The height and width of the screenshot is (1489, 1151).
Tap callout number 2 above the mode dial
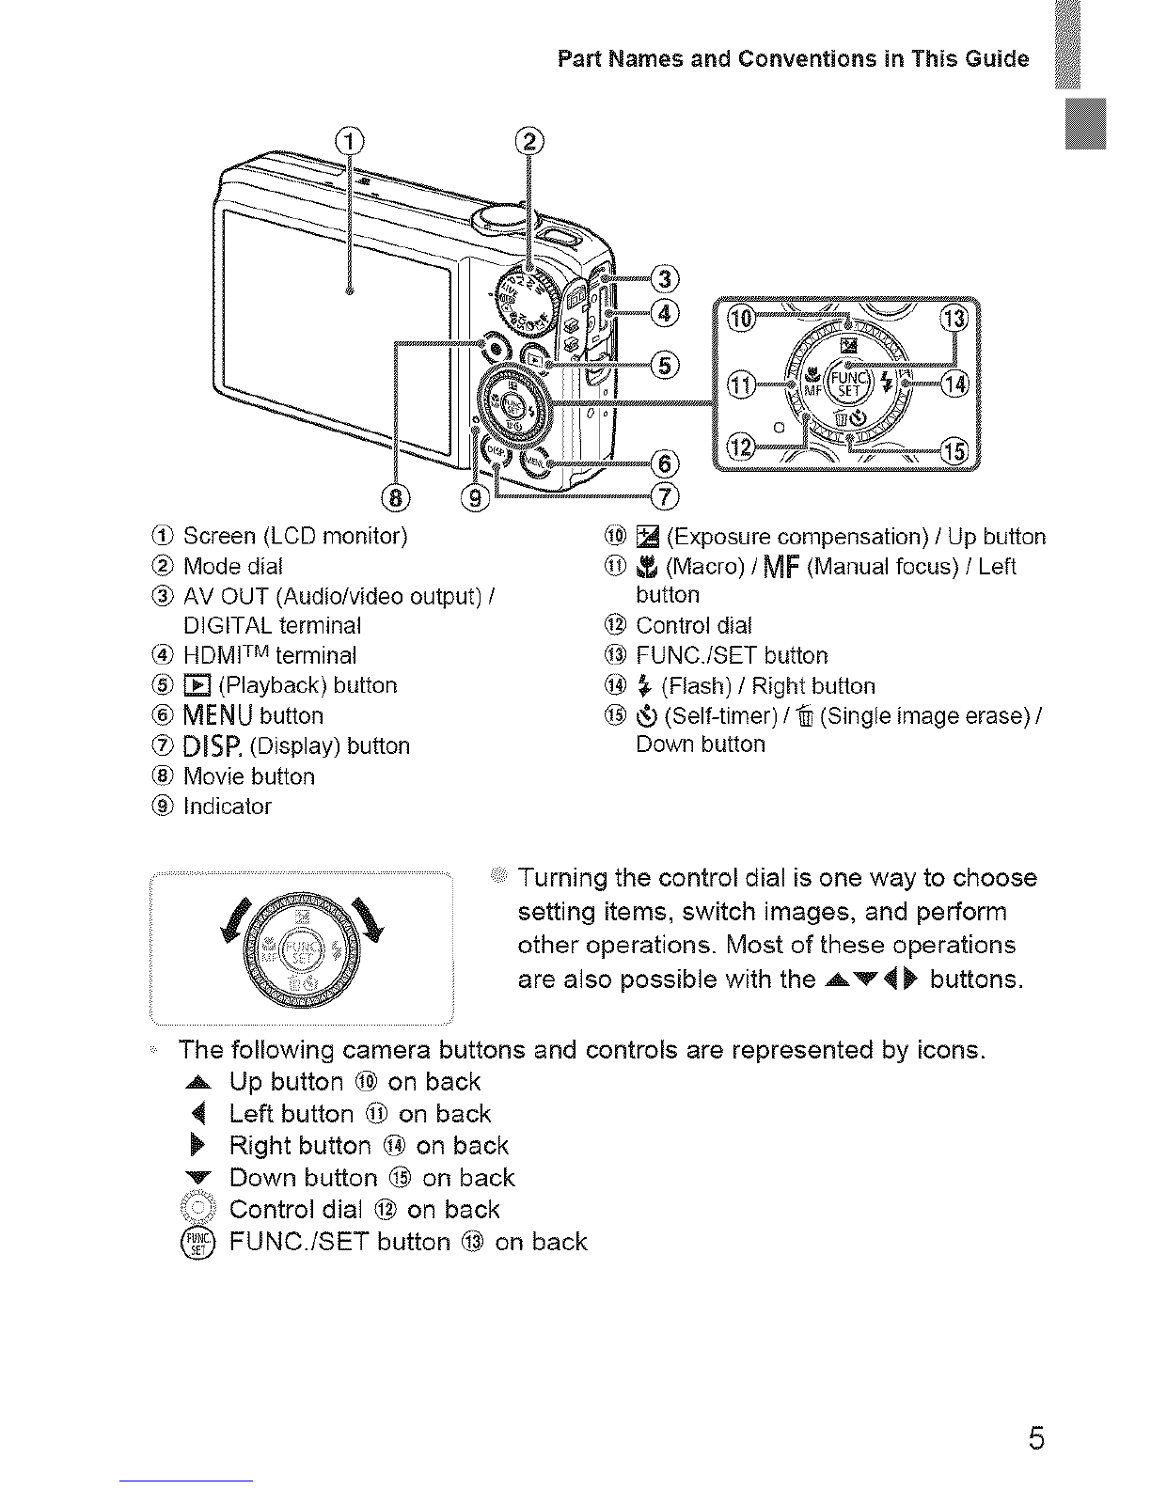pyautogui.click(x=529, y=142)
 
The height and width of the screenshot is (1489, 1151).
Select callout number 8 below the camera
pyautogui.click(x=396, y=497)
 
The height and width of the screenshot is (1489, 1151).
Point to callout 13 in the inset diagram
pyautogui.click(x=954, y=319)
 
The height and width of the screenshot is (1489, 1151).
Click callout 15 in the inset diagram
pyautogui.click(x=954, y=451)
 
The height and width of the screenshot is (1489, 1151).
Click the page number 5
pyautogui.click(x=1036, y=1437)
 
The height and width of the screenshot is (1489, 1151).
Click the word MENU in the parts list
pyautogui.click(x=218, y=715)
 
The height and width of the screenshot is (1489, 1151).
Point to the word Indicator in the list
pyautogui.click(x=228, y=806)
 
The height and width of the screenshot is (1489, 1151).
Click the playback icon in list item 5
pyautogui.click(x=197, y=685)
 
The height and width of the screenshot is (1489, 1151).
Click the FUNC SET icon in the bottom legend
pyautogui.click(x=197, y=1243)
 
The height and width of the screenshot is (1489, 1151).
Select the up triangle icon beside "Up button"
pyautogui.click(x=197, y=1083)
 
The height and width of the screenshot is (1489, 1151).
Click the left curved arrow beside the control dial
pyautogui.click(x=234, y=918)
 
